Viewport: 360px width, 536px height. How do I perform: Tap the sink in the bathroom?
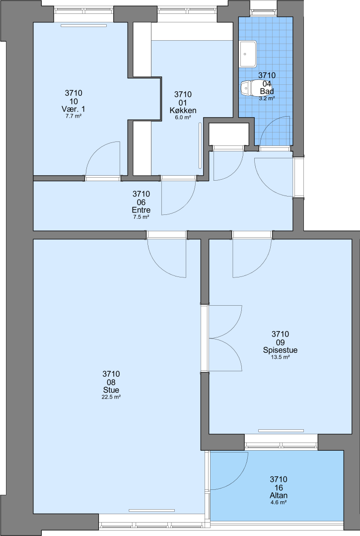[x=248, y=54]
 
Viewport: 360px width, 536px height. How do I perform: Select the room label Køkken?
[x=183, y=110]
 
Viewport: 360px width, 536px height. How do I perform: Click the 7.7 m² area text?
[x=73, y=116]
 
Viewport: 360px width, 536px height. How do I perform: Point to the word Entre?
[x=141, y=210]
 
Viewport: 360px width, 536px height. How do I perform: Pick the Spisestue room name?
[x=280, y=350]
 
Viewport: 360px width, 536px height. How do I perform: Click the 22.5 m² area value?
[x=111, y=397]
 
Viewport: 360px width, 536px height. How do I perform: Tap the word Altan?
[x=278, y=495]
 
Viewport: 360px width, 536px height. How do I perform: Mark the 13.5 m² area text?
[x=281, y=357]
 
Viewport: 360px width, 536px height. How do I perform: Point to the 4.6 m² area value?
[x=278, y=502]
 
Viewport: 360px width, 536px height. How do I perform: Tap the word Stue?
[x=111, y=390]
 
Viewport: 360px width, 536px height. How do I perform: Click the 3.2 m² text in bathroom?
[x=267, y=98]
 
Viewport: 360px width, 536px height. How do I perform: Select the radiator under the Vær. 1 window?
[x=84, y=25]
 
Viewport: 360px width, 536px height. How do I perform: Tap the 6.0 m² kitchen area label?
[x=183, y=118]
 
